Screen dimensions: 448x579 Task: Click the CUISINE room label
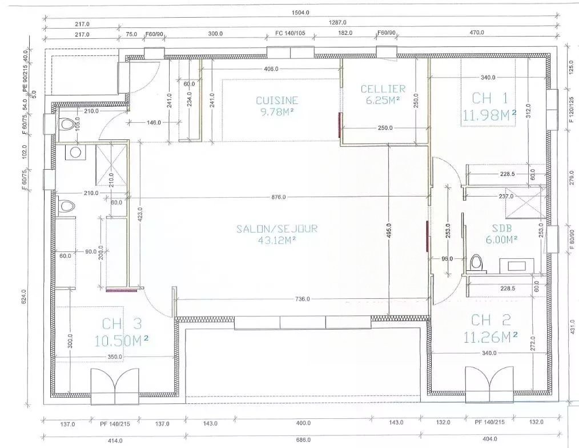277,100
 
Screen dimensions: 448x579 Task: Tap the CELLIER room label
383,89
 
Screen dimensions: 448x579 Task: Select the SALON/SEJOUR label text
277,229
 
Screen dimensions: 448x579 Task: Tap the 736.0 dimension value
303,299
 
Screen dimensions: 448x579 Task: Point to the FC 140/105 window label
290,34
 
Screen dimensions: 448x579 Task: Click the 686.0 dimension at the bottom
303,439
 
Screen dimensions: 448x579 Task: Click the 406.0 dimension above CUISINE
271,69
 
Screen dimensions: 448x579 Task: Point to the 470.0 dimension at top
476,34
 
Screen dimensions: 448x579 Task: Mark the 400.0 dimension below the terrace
303,423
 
